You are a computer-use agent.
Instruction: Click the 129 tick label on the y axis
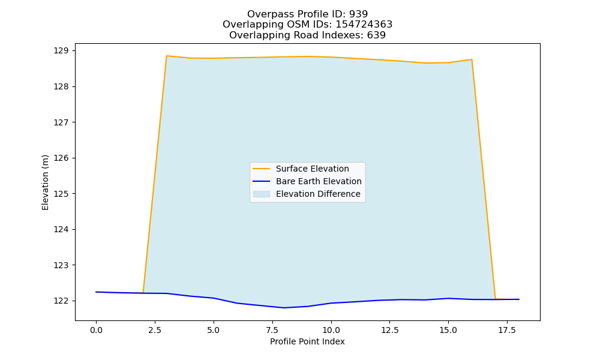[x=61, y=51]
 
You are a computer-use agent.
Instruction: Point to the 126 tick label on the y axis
[x=61, y=158]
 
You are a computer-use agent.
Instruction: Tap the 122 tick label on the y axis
[x=61, y=301]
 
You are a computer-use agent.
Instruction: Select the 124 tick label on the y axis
[x=61, y=230]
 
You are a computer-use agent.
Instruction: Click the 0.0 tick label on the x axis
[x=96, y=330]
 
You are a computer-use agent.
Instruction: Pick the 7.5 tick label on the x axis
[x=272, y=330]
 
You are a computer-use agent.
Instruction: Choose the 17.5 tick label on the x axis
[x=507, y=330]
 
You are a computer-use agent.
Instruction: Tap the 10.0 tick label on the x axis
[x=331, y=330]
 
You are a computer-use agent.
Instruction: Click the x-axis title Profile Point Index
[x=307, y=341]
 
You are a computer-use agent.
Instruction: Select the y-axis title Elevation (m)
[x=45, y=182]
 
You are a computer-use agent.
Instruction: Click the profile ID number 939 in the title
[x=358, y=14]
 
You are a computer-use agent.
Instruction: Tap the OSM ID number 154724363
[x=364, y=25]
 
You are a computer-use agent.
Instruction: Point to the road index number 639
[x=376, y=35]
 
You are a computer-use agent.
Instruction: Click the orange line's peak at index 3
[x=166, y=56]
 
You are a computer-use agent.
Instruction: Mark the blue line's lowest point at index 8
[x=284, y=308]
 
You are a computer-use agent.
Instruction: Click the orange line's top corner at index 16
[x=472, y=59]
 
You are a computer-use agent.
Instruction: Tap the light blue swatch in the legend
[x=262, y=194]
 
